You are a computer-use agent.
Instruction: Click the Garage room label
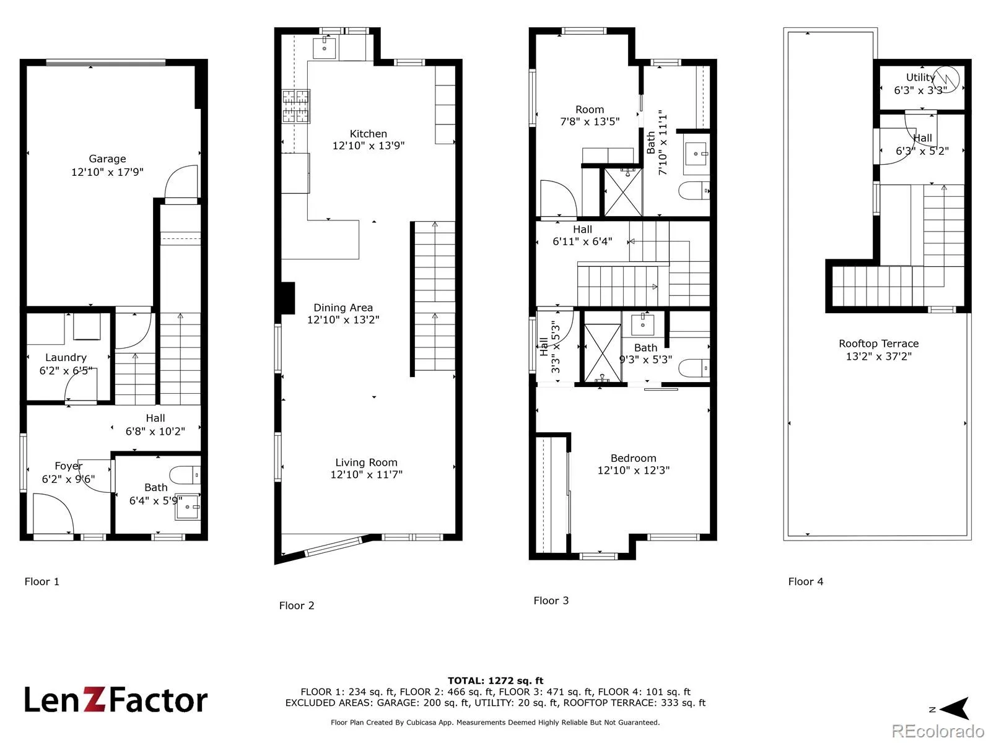(107, 159)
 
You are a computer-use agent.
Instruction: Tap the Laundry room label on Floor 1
(66, 358)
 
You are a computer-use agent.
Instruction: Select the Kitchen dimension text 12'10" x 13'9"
(369, 146)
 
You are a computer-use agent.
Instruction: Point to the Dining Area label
(343, 308)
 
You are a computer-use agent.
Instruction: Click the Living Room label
(366, 463)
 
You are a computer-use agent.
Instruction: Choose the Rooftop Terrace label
(878, 344)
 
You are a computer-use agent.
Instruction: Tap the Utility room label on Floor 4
(920, 77)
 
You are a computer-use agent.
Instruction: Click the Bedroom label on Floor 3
(634, 458)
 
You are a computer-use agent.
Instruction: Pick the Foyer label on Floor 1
(69, 466)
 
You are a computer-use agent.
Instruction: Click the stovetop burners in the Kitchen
(295, 106)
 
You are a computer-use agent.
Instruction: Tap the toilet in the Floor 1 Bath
(185, 474)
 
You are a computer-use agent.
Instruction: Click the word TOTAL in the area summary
(466, 680)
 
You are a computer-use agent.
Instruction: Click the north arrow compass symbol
(956, 709)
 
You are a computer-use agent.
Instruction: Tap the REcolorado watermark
(938, 731)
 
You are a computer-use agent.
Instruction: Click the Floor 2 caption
(297, 606)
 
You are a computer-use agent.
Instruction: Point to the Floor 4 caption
(805, 581)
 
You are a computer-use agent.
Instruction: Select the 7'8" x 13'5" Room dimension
(590, 121)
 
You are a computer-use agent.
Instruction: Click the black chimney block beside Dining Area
(287, 298)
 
